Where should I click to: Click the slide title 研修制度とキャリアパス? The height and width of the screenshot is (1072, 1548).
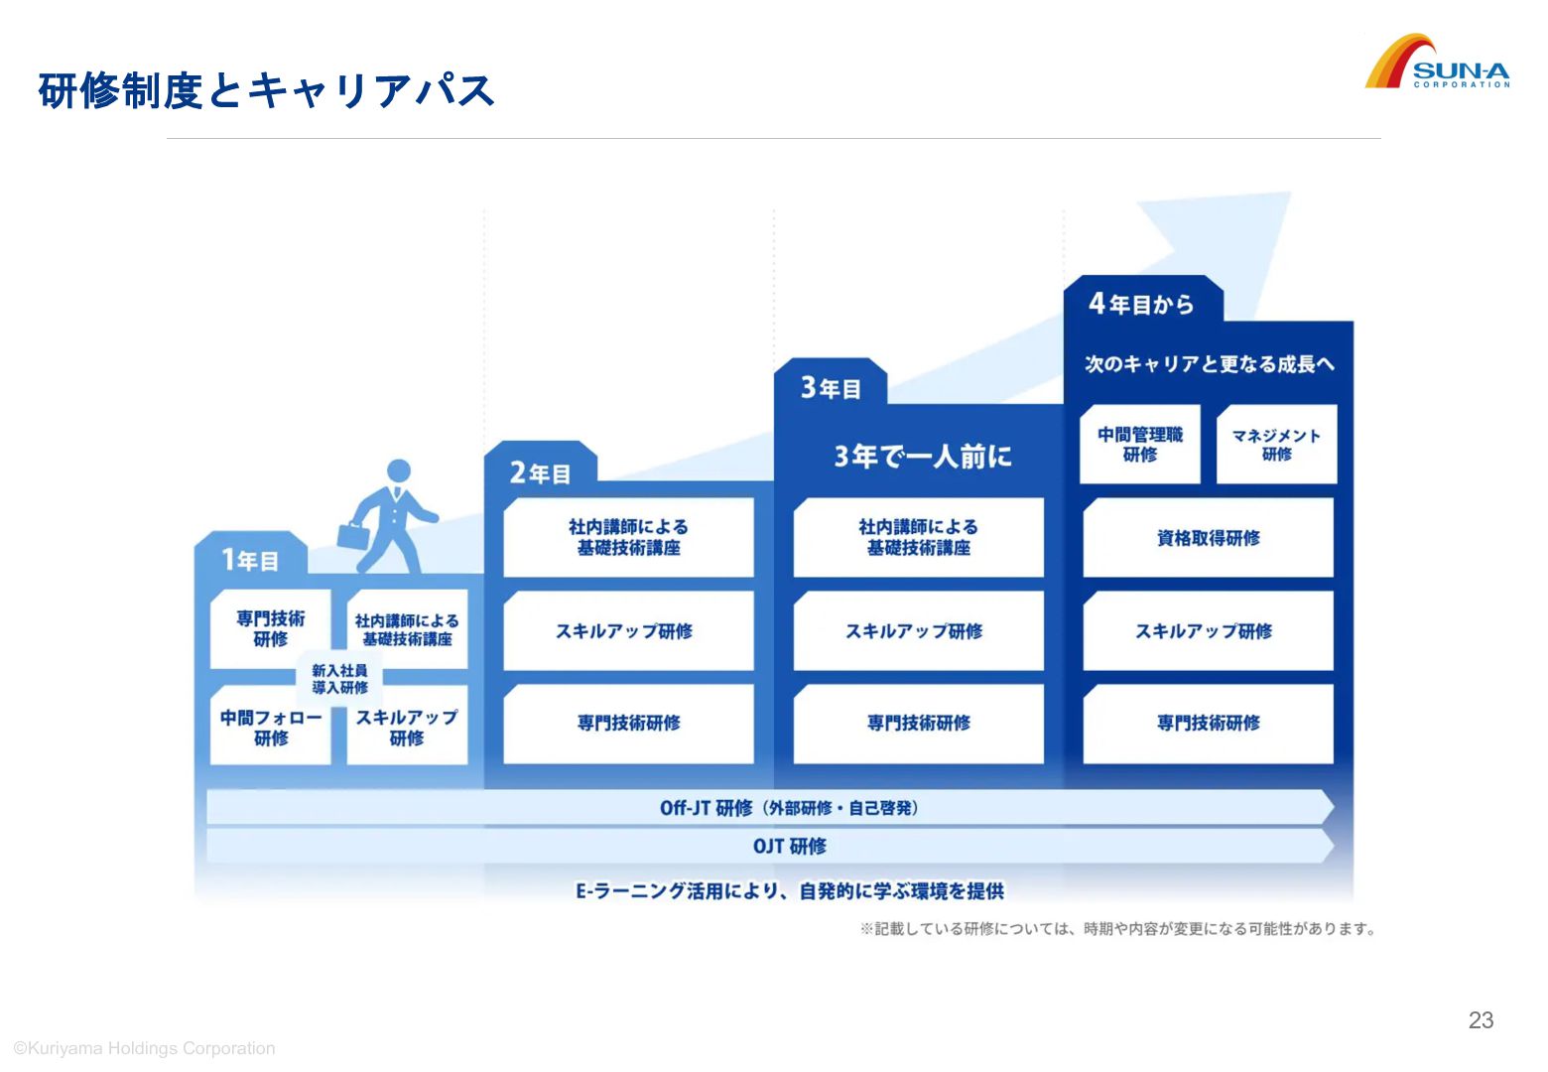coord(266,90)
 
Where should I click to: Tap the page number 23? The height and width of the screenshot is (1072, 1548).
coord(1481,1020)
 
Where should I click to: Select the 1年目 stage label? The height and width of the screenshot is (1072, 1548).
coord(250,560)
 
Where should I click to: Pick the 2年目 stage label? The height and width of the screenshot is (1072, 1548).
coord(541,472)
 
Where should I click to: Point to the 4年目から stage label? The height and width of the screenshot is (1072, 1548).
coord(1141,304)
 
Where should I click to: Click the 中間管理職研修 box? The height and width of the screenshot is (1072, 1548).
coord(1139,444)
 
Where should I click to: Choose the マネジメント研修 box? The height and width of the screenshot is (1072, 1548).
coord(1276,444)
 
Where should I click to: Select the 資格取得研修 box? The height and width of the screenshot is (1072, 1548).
coord(1208,538)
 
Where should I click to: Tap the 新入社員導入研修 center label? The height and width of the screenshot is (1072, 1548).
coord(339,679)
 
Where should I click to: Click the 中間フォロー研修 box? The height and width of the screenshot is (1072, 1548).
coord(270,727)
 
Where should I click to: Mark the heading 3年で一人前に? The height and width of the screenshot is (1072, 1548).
coord(923,456)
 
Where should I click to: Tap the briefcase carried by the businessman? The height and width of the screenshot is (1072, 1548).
coord(353,535)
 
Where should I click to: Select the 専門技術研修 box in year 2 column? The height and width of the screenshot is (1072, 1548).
coord(628,724)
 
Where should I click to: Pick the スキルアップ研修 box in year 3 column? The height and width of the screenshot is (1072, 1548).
coord(918,631)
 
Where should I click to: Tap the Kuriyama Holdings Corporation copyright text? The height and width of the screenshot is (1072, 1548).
coord(145,1048)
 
